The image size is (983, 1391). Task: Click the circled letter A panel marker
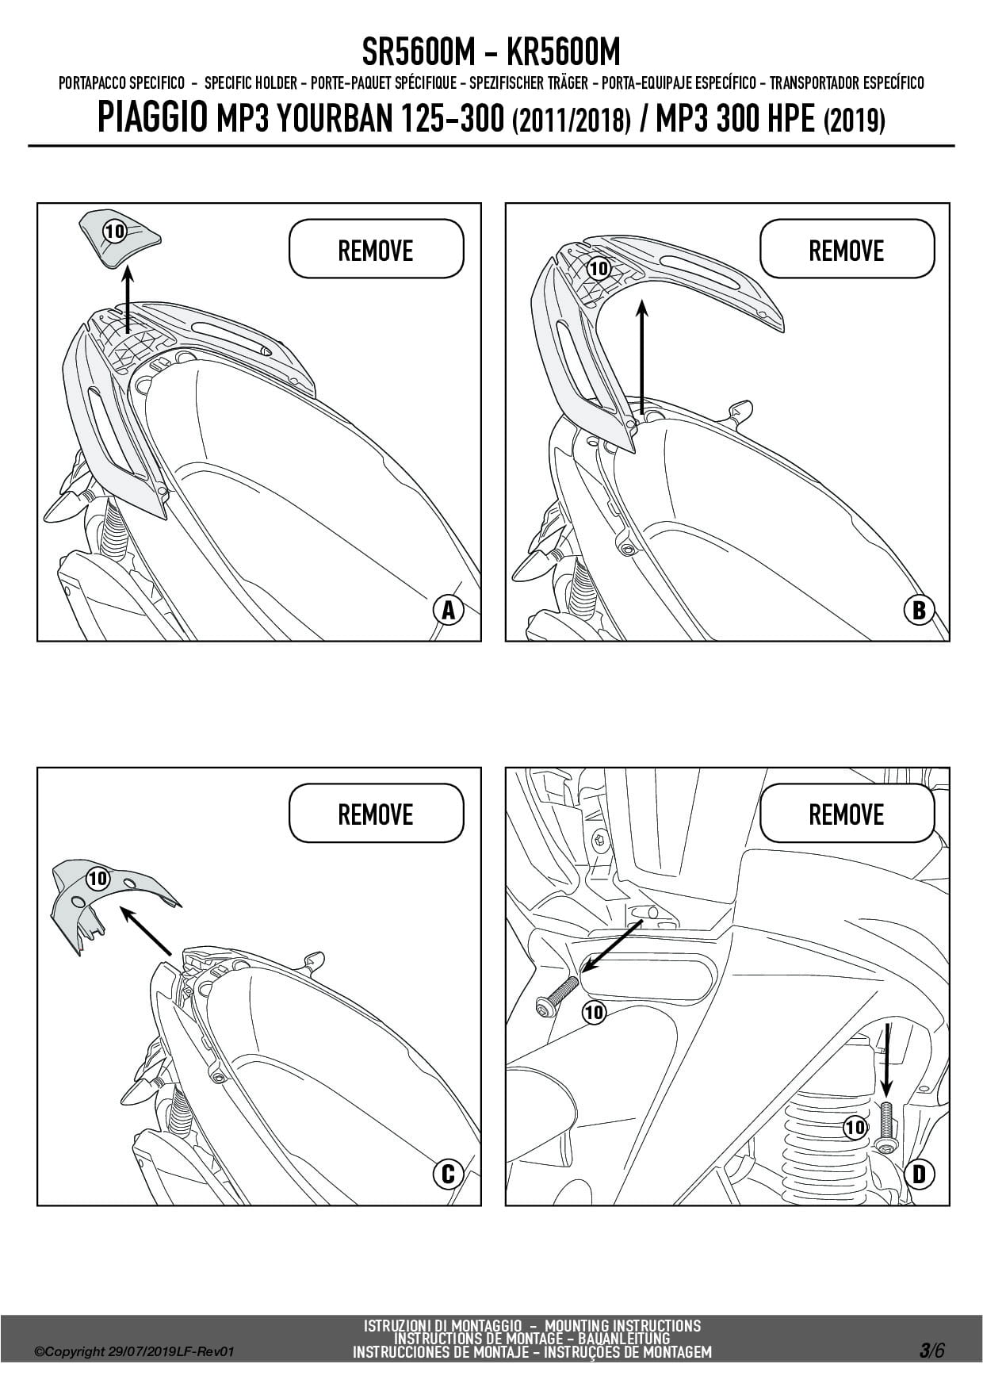[x=449, y=611]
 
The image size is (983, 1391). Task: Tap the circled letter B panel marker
[x=919, y=611]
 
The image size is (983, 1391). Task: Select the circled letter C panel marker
[x=448, y=1174]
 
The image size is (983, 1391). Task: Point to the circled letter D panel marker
[x=919, y=1174]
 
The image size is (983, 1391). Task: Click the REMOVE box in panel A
[x=376, y=250]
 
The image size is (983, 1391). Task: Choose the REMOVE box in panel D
[x=846, y=814]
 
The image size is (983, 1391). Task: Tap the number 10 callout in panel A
[x=115, y=232]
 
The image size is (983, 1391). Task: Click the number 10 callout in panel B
[x=599, y=268]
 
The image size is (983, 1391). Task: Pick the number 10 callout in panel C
[x=98, y=878]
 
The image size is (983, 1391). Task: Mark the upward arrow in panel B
[x=641, y=356]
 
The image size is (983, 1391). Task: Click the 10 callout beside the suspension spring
[x=855, y=1127]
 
